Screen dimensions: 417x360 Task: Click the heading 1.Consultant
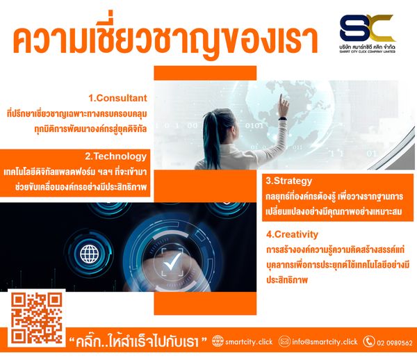[x=117, y=98]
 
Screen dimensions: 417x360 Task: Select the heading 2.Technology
[x=115, y=156]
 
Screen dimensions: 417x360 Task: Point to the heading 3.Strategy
[x=289, y=181]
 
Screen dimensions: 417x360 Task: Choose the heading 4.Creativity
[x=292, y=234]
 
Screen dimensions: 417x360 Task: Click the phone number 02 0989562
[x=395, y=343]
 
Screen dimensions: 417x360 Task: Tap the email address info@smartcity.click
[x=325, y=342]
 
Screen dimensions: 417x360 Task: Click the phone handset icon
[x=369, y=342]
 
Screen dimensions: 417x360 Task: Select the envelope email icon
[x=284, y=341]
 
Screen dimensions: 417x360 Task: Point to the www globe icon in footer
[x=218, y=341]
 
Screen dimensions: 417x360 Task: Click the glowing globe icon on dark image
[x=89, y=254]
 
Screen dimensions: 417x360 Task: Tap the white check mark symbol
[x=172, y=261]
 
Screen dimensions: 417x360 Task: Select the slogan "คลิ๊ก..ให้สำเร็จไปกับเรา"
[x=138, y=341]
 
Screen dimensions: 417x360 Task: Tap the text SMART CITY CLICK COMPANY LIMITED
[x=367, y=51]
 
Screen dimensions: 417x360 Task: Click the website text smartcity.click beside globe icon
[x=249, y=342]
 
